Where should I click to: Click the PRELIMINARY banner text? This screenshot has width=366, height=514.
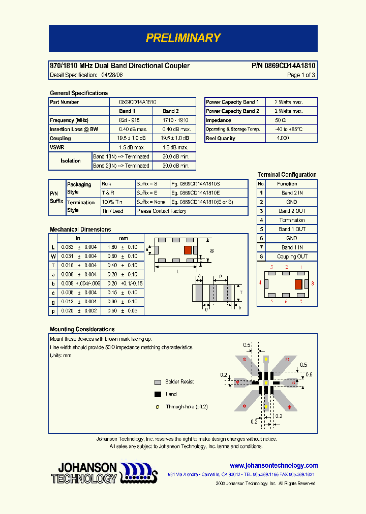tap(183, 38)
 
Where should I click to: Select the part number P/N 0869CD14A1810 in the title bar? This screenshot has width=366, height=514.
tap(283, 66)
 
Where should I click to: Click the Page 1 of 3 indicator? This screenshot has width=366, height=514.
tap(301, 75)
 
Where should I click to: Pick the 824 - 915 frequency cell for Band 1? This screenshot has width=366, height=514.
tap(130, 120)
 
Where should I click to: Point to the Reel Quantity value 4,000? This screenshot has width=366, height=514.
tap(283, 139)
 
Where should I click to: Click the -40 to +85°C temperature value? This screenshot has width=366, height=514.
tap(288, 130)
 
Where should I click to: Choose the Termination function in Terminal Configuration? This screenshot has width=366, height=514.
tap(292, 220)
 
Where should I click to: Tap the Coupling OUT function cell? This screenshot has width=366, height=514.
tap(292, 257)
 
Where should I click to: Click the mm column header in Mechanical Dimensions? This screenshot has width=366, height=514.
tap(124, 238)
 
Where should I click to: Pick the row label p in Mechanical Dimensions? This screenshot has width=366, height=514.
tap(53, 311)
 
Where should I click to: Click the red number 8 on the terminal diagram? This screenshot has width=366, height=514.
tap(313, 283)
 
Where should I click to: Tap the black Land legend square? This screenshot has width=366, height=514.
tap(158, 394)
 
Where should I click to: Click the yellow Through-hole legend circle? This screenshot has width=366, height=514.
tap(158, 407)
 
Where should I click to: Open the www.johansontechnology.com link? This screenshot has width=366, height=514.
tap(273, 466)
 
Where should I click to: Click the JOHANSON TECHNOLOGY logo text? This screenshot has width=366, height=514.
tap(84, 473)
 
